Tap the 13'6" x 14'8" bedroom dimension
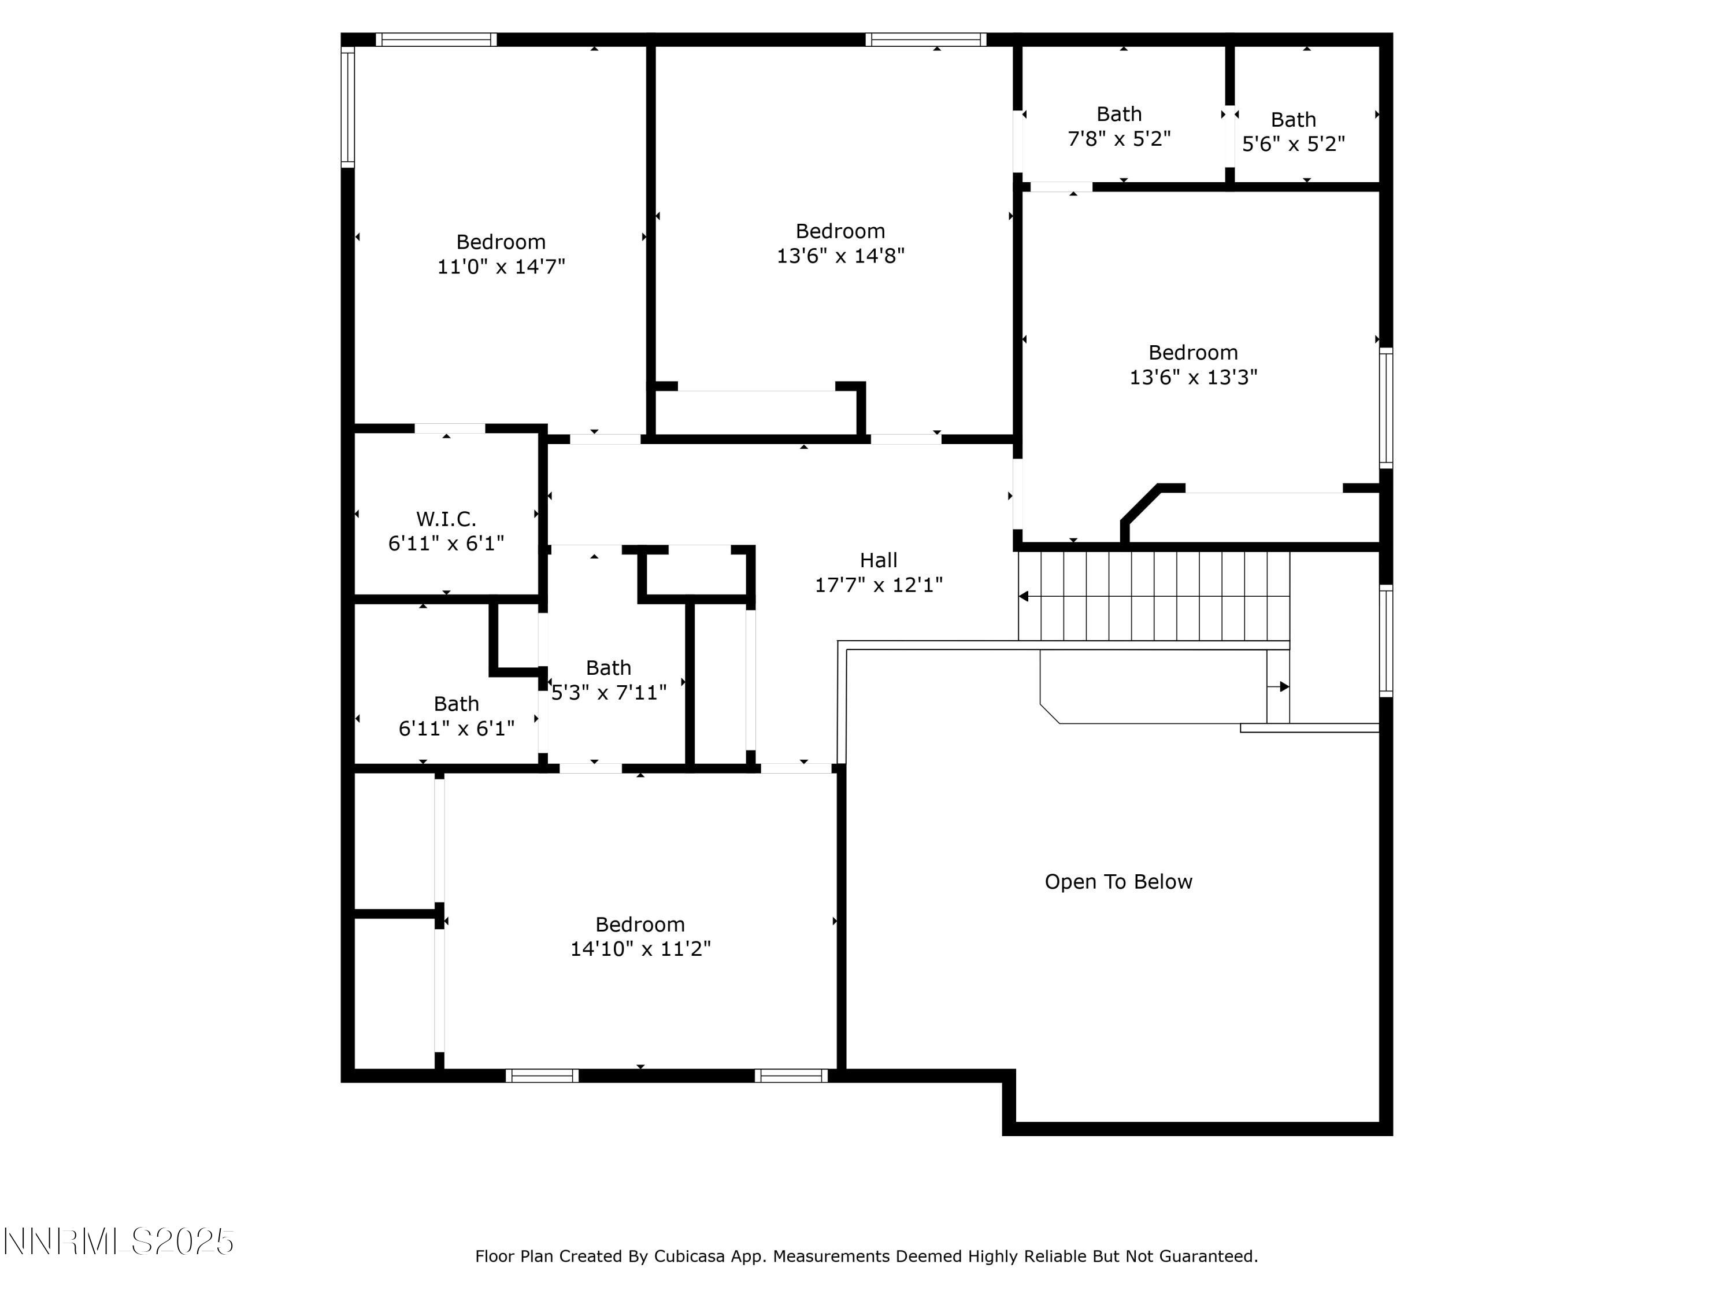point(840,256)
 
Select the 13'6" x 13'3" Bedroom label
point(1192,353)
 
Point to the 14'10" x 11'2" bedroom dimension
point(640,949)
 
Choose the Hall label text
point(878,561)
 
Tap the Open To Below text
point(1118,882)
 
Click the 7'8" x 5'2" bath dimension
point(1118,139)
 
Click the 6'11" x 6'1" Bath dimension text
point(456,729)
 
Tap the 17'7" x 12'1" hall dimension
point(878,585)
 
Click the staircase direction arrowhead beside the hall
point(1024,597)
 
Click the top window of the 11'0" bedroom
point(436,40)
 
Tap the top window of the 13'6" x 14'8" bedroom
point(926,40)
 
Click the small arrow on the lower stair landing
point(1283,687)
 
